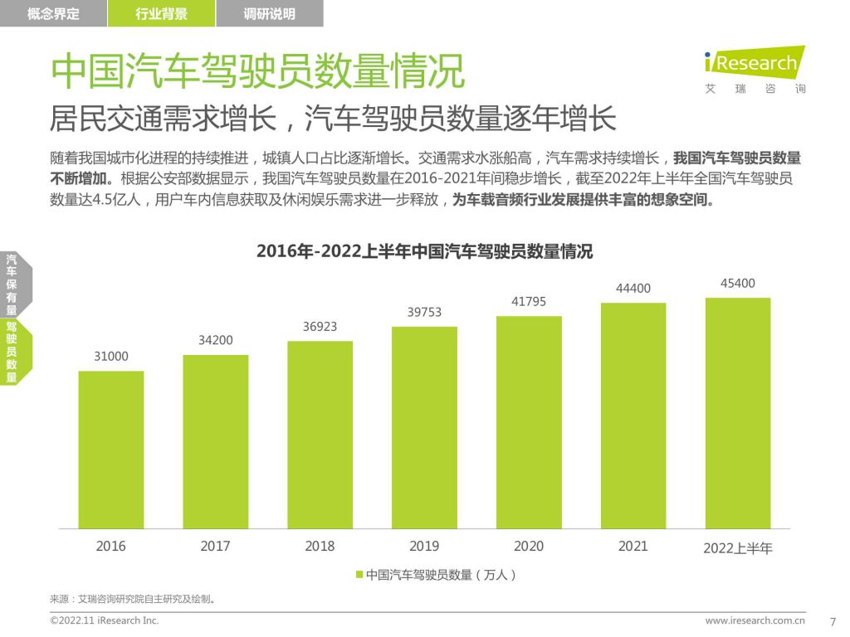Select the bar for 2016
[111, 450]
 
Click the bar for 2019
[424, 427]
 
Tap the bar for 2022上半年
[738, 413]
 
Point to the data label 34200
[215, 340]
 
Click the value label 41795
[529, 302]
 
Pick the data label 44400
[633, 288]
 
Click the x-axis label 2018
[320, 546]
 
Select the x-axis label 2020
[529, 546]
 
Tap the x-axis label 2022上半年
[738, 547]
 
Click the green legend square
[359, 574]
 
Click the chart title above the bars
[424, 251]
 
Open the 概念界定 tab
[53, 13]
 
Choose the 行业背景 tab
[161, 13]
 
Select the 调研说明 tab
[270, 13]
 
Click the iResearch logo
[755, 64]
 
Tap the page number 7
[833, 621]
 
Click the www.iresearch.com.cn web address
[755, 620]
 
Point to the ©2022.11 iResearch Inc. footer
[105, 620]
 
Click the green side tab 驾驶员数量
[12, 352]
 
